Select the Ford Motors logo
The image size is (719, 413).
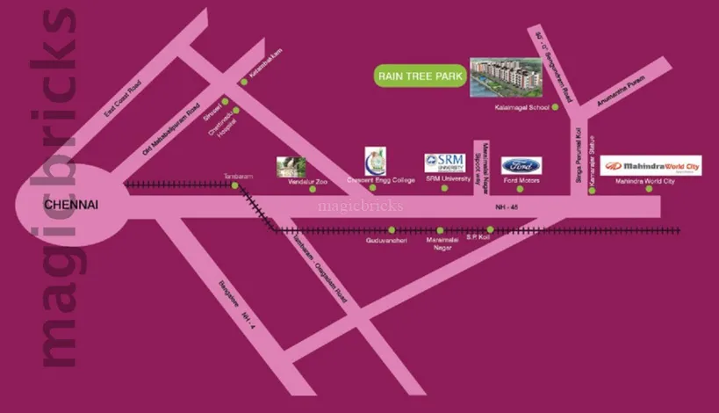coord(521,166)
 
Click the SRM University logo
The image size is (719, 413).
coord(444,163)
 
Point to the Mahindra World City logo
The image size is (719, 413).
coord(651,165)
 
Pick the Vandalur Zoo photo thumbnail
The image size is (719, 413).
coord(291,167)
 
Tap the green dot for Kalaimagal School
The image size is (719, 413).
coord(556,108)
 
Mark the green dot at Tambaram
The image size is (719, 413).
coord(234,185)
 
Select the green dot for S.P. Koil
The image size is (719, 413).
coord(491,230)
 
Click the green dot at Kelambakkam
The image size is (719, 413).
coord(244,82)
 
